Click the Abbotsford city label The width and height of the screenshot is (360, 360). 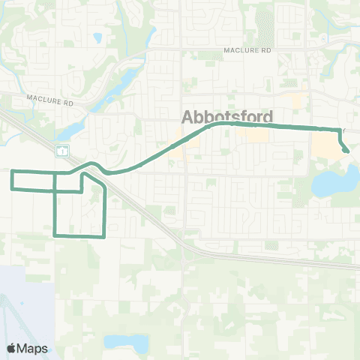(228, 116)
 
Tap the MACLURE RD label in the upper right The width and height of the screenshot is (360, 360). (247, 49)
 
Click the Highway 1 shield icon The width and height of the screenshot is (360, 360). (62, 150)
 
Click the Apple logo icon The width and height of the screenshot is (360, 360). (11, 349)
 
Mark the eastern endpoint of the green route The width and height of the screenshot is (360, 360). (346, 151)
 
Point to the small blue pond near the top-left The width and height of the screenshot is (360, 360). (97, 36)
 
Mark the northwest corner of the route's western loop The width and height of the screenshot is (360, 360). (12, 172)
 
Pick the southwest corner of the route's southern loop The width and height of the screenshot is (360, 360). (55, 235)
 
